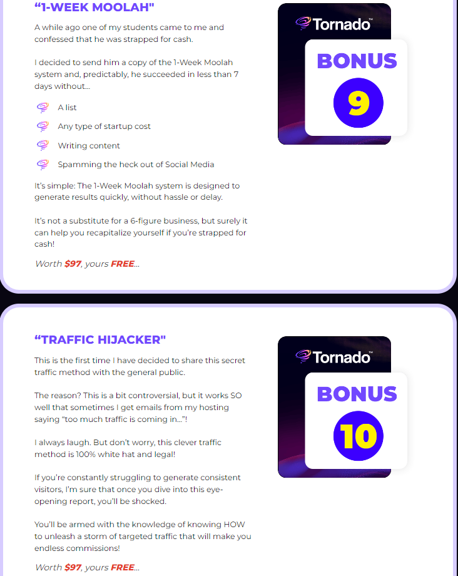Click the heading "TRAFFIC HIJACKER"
click(x=100, y=340)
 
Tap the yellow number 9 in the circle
click(x=358, y=103)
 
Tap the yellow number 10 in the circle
click(x=358, y=436)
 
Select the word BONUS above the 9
click(x=357, y=61)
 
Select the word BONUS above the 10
click(x=357, y=394)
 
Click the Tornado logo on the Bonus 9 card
click(x=334, y=23)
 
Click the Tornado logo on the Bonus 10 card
click(x=334, y=356)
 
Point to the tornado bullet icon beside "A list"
click(x=43, y=107)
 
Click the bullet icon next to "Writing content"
click(x=43, y=145)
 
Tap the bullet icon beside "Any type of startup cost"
click(x=43, y=126)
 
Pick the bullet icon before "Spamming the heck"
click(x=43, y=164)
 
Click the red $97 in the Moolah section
click(x=73, y=264)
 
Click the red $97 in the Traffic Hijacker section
click(x=73, y=567)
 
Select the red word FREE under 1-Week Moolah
click(x=123, y=264)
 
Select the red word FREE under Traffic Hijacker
click(x=123, y=567)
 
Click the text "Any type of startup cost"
click(x=104, y=126)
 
